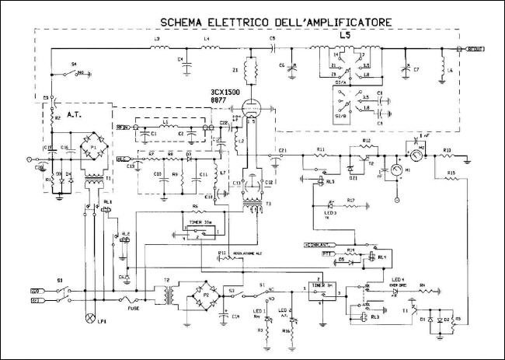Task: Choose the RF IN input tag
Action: tap(122, 126)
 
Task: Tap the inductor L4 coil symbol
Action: tap(210, 48)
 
